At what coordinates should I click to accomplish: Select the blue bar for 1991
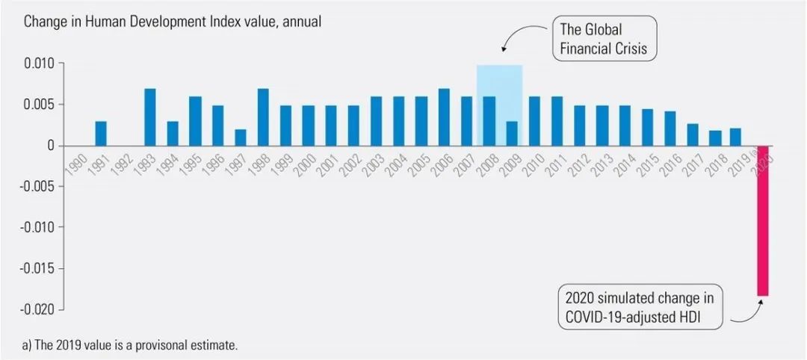[101, 133]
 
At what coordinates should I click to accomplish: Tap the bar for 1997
[240, 137]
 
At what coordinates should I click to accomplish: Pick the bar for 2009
[512, 133]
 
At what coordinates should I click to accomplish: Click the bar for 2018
[715, 138]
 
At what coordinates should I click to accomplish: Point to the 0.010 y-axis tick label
[39, 63]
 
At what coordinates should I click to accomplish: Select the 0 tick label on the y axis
[51, 146]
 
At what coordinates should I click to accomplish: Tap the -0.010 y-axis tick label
[37, 227]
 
